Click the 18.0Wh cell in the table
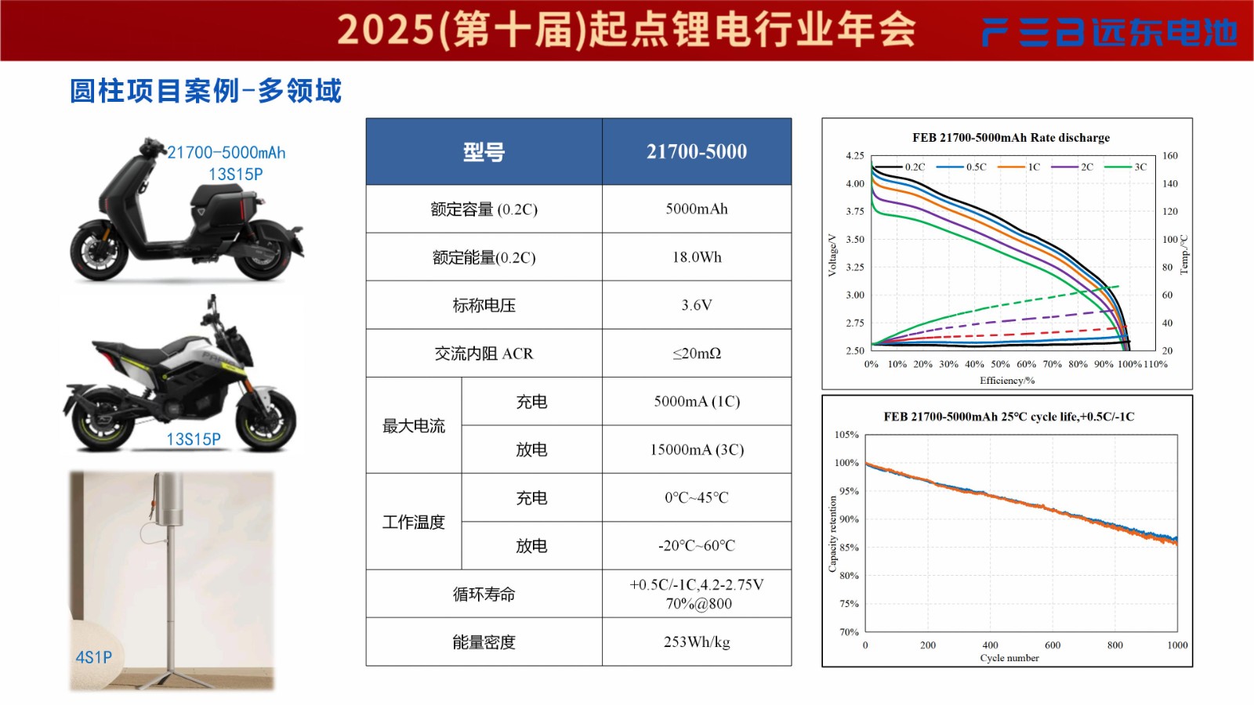(697, 257)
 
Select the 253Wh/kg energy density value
(697, 642)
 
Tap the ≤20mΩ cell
(697, 353)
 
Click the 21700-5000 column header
(697, 152)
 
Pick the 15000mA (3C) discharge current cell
(697, 450)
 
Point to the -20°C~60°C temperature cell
(697, 546)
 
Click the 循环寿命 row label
(484, 595)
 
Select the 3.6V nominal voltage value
(697, 305)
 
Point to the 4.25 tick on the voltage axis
(854, 156)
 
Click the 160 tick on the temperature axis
(1169, 156)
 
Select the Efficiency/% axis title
(1007, 381)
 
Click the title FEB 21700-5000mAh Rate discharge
(1011, 138)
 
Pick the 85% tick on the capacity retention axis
(849, 548)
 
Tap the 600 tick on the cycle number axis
(1053, 645)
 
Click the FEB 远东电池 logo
(1109, 32)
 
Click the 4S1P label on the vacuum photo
(94, 657)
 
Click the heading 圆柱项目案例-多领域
(205, 91)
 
